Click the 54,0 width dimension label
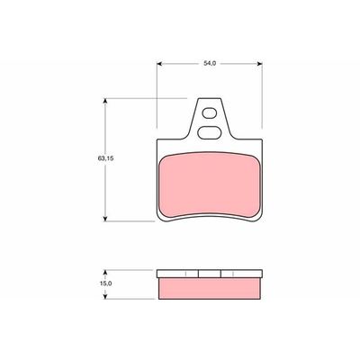click(x=210, y=63)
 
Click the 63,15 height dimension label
click(x=105, y=158)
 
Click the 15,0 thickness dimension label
click(x=105, y=283)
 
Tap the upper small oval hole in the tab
click(x=209, y=113)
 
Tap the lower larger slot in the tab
click(x=209, y=132)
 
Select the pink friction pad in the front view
click(x=210, y=184)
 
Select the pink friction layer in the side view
click(x=210, y=288)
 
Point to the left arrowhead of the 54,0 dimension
click(x=159, y=64)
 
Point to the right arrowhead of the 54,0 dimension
click(x=260, y=64)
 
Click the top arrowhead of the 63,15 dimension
click(x=105, y=101)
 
